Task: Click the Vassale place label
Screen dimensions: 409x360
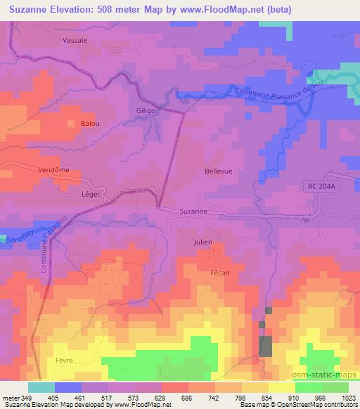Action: point(75,41)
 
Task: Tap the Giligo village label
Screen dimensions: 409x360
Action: point(146,111)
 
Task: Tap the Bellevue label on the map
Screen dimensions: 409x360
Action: point(218,171)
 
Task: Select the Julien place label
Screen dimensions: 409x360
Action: point(202,242)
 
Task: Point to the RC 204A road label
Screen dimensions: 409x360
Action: point(323,186)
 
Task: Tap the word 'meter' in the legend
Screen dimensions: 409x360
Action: point(9,398)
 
